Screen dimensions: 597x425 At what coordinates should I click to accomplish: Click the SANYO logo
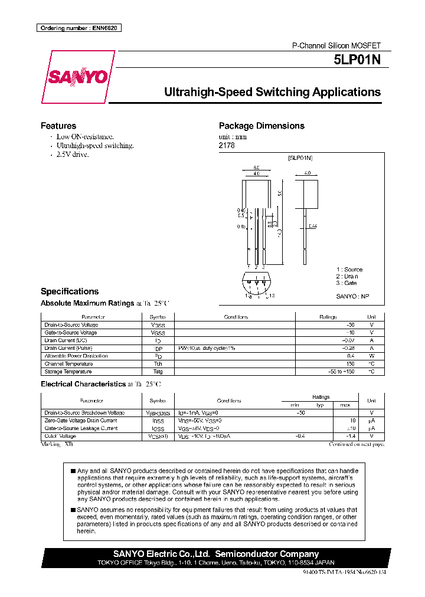point(77,77)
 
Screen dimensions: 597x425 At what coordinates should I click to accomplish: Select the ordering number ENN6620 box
point(79,28)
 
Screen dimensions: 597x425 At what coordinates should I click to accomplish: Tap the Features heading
point(58,126)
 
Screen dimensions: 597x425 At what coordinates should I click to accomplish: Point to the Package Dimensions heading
point(261,126)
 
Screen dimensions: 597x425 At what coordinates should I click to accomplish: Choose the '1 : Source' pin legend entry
point(349,270)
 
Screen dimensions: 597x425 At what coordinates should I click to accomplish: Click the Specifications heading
point(70,291)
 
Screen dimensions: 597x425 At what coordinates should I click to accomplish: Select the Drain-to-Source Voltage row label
point(71,325)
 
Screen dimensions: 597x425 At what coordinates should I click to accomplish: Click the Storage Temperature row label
point(68,372)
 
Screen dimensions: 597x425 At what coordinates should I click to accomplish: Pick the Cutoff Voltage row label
point(61,436)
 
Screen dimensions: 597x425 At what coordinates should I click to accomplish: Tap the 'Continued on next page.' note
point(357,444)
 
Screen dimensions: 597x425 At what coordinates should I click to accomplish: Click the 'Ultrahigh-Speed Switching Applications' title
point(272,92)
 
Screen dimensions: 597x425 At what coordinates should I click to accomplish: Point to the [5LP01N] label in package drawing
point(300,158)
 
